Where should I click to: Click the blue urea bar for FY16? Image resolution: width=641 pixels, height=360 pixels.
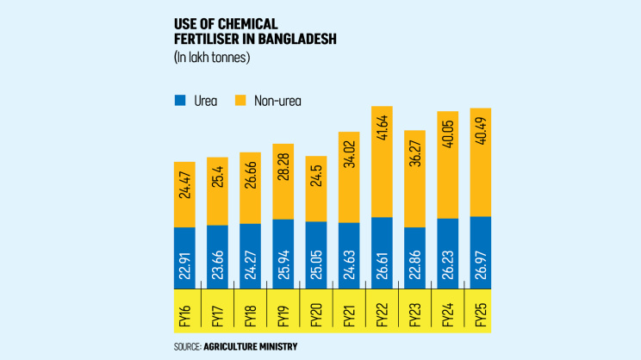coord(185,257)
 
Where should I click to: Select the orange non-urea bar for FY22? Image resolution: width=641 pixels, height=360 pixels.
coord(382,162)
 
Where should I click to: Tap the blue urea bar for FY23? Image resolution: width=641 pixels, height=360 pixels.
coord(414,257)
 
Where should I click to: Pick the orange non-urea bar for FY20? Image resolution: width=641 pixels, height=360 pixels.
coord(316,189)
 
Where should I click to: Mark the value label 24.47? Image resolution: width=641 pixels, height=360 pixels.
coord(185,194)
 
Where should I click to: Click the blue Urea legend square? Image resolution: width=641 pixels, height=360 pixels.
coord(180,101)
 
